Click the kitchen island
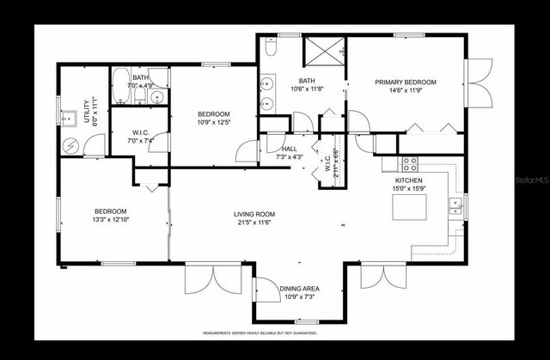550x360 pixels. [x=408, y=207]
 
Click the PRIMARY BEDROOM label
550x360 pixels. [x=405, y=82]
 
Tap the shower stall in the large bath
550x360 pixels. [x=324, y=52]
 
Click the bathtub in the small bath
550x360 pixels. [x=119, y=86]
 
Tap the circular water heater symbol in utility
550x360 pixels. [x=70, y=145]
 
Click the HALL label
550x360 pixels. [x=277, y=148]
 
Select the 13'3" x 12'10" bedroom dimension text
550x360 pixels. [x=110, y=220]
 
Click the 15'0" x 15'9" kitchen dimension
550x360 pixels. [x=408, y=188]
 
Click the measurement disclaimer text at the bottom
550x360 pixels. [x=260, y=333]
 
